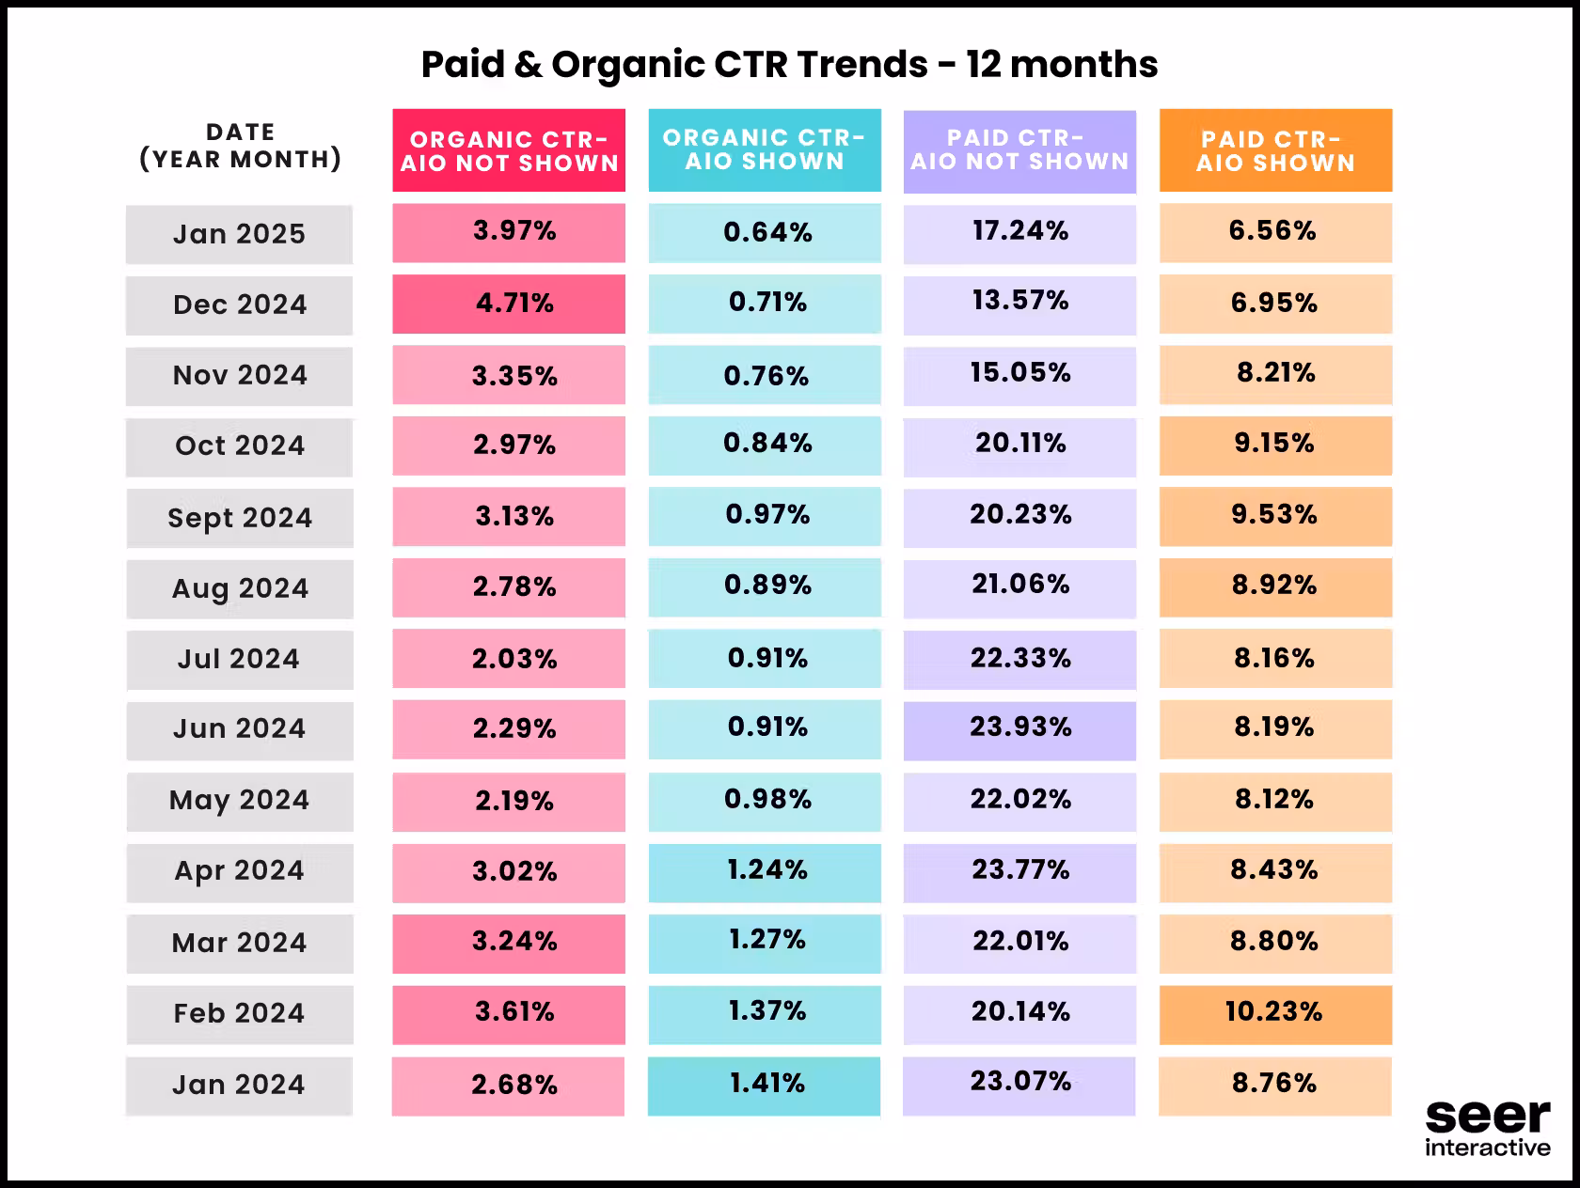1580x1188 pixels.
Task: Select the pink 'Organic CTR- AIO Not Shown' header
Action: pos(509,150)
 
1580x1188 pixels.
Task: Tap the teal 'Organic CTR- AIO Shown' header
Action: pos(765,150)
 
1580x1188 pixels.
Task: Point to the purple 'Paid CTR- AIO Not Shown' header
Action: pos(1020,151)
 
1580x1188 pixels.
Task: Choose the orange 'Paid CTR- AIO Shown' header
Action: pos(1275,150)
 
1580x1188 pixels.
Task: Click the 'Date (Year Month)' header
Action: pos(241,146)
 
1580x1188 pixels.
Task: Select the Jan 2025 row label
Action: pos(240,234)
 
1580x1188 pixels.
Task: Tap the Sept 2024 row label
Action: pos(241,518)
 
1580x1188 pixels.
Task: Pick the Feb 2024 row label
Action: pos(241,1014)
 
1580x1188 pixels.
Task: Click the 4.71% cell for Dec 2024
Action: pos(509,304)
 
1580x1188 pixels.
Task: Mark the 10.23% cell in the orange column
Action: pos(1275,1014)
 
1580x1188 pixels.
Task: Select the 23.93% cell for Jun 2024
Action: pos(1020,730)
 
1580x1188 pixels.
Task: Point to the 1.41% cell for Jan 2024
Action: pos(764,1086)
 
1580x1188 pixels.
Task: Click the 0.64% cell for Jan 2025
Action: pos(765,233)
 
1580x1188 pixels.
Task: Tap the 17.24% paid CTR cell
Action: pos(1020,234)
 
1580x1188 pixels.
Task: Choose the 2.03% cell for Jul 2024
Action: pos(509,659)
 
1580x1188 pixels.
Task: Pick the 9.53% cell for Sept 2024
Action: pos(1275,516)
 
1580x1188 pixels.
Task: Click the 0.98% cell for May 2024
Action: pos(765,802)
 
